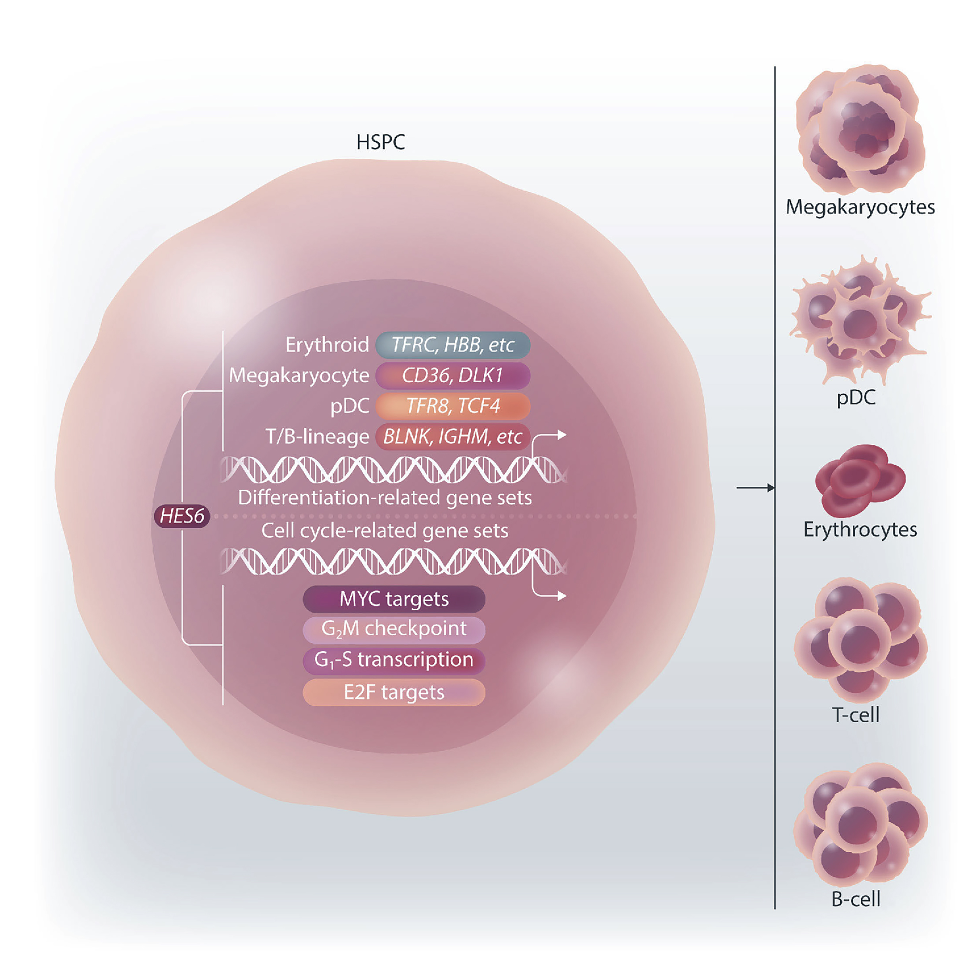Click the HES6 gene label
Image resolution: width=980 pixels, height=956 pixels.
pos(181,516)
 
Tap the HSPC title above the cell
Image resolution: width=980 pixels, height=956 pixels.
pos(380,143)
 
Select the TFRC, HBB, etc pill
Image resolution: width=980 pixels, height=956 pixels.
pos(452,345)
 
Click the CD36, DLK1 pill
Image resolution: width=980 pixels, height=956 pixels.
pos(452,376)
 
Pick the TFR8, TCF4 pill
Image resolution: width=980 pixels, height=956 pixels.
pos(452,406)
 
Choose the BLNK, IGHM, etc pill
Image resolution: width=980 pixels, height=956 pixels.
pos(452,437)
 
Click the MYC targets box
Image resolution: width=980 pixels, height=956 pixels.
pos(394,599)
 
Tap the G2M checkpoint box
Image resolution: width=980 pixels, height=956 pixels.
pos(394,630)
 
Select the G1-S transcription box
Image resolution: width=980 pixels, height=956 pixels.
pos(394,660)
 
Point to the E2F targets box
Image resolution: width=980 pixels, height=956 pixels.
pos(394,692)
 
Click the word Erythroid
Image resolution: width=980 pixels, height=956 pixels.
pos(327,345)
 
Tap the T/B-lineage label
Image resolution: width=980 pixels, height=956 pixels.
pos(317,437)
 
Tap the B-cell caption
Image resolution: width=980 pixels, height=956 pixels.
pos(856,899)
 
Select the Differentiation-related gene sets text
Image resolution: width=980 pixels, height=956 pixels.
pos(384,498)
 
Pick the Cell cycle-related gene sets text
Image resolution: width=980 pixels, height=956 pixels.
pos(384,531)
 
